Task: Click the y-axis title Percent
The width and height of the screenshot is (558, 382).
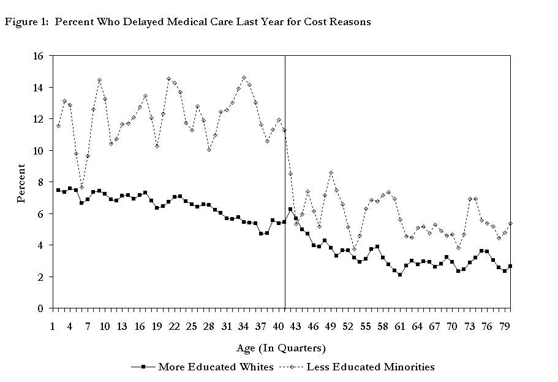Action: pyautogui.click(x=21, y=183)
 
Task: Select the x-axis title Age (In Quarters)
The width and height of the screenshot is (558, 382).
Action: pyautogui.click(x=281, y=348)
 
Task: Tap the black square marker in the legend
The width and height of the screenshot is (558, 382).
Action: pyautogui.click(x=143, y=367)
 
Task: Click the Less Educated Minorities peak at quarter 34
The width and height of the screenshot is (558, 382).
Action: pyautogui.click(x=244, y=78)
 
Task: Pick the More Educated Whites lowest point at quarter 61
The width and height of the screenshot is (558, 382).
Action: pyautogui.click(x=400, y=275)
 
